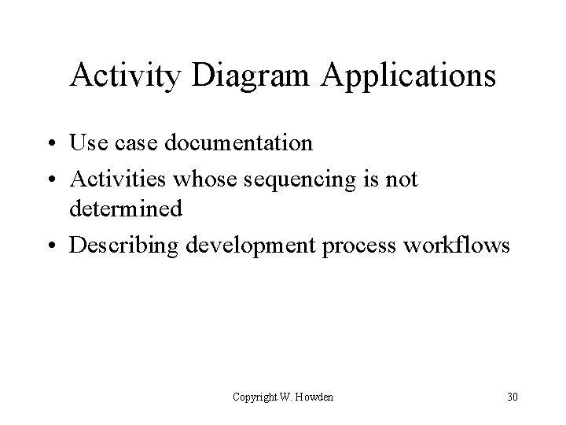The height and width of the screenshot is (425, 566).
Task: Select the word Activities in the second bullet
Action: (x=118, y=179)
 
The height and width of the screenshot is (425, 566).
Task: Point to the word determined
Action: (x=126, y=209)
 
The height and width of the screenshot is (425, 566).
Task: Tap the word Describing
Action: (x=123, y=246)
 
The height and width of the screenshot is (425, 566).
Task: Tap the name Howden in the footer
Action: (x=315, y=397)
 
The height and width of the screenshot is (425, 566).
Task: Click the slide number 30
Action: (x=513, y=397)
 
